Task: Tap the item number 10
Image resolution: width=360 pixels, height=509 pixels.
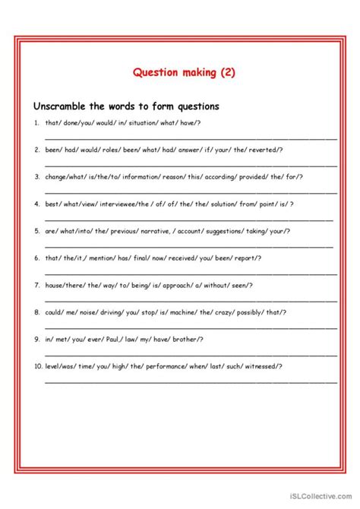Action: (x=37, y=365)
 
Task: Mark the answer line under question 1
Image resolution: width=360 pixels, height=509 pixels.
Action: (x=190, y=138)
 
